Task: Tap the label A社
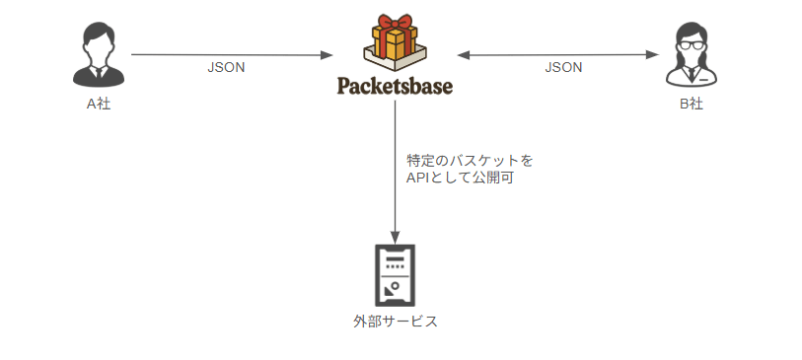98,103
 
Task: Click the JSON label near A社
226,68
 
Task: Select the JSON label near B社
563,68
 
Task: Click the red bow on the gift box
395,25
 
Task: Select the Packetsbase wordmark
395,86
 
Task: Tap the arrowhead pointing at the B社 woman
653,54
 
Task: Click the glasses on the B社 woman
691,44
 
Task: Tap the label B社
691,103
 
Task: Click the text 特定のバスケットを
470,160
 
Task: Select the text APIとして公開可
460,179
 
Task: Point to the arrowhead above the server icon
395,237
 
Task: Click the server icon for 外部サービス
395,274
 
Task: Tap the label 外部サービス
395,322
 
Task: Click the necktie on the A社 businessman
98,72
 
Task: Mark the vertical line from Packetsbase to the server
395,168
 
